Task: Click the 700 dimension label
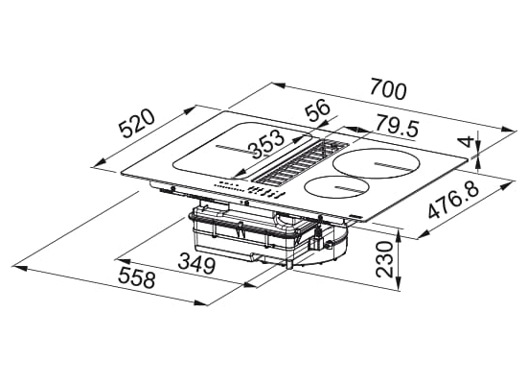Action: (388, 89)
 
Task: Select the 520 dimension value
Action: (138, 123)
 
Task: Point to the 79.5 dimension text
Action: (397, 126)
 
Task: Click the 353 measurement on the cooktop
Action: (267, 144)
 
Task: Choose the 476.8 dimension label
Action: (454, 201)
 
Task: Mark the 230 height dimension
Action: (384, 259)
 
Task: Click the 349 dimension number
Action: (196, 263)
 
